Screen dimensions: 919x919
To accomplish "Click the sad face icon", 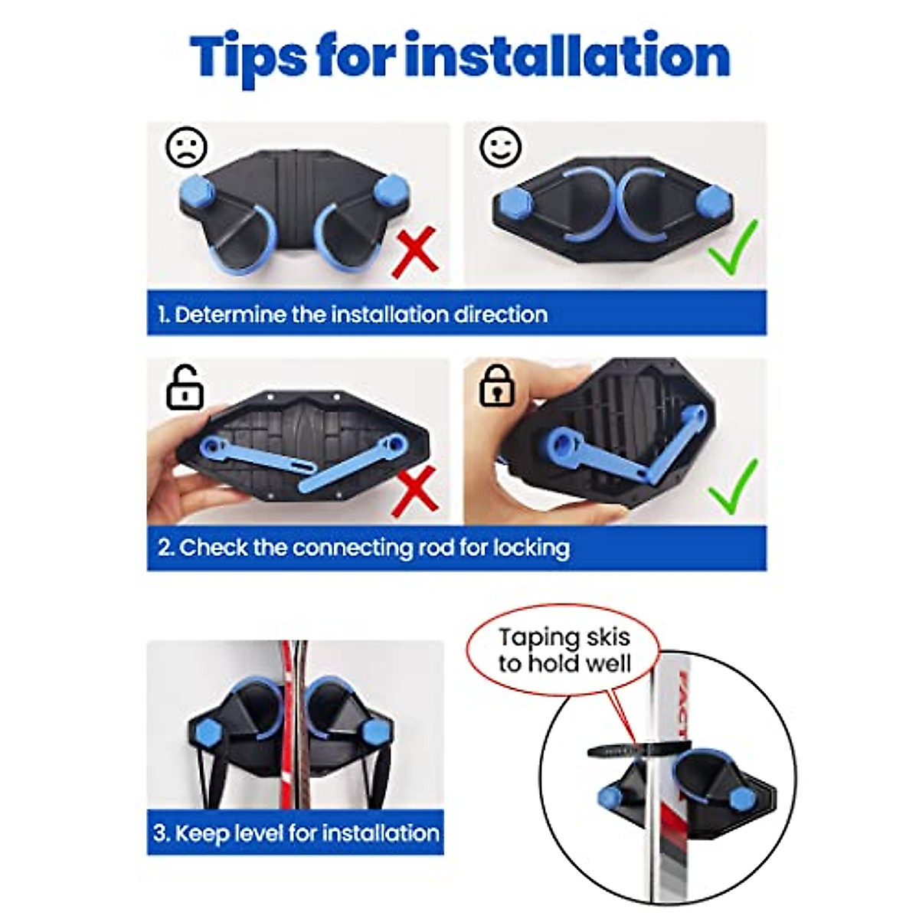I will tap(187, 147).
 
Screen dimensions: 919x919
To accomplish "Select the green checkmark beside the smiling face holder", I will tap(733, 248).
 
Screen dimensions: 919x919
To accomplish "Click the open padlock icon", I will tap(185, 388).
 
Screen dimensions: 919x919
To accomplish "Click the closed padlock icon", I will tap(497, 386).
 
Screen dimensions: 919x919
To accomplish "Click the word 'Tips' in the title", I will tap(248, 57).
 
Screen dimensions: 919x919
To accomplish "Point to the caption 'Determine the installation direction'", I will tap(353, 315).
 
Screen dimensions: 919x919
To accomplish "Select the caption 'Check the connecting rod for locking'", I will tap(364, 548).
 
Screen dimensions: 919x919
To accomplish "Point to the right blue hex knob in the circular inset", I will tap(741, 798).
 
